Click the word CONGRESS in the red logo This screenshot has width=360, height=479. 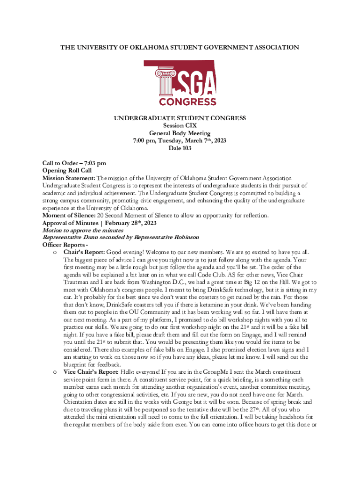[187, 102]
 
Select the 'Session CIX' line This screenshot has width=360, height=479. [180, 126]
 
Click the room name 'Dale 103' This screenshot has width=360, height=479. [180, 148]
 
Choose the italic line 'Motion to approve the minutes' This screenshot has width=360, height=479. [83, 230]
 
